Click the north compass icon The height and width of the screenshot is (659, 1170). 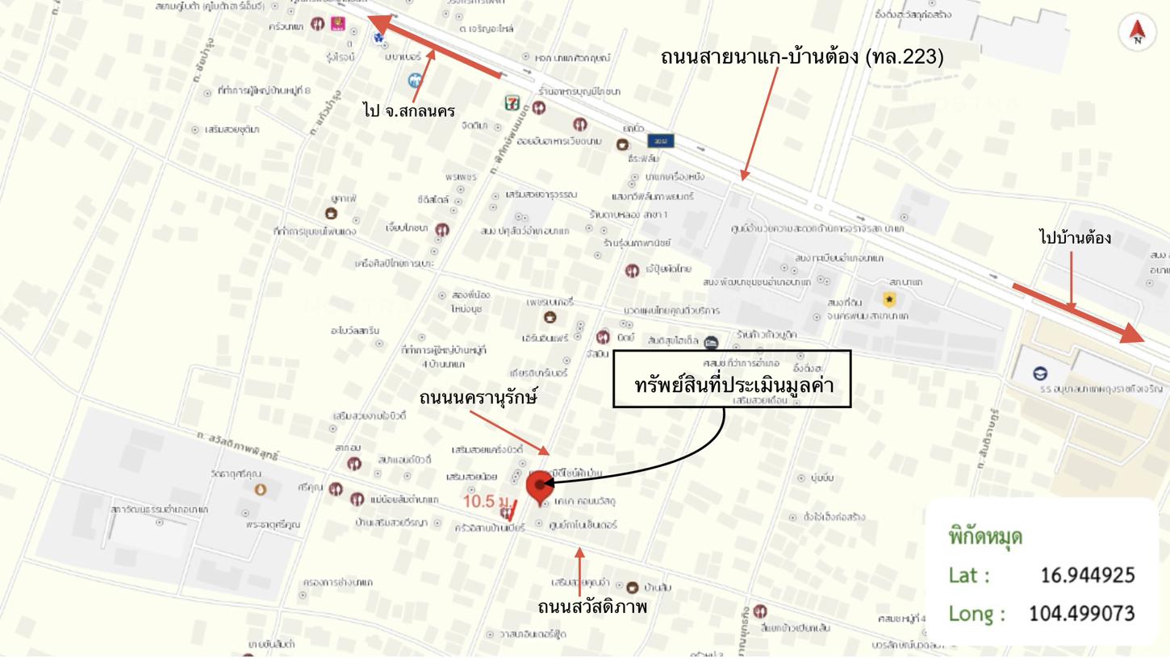1138,32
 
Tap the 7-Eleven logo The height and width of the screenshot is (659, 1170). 512,103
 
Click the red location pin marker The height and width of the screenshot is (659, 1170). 539,486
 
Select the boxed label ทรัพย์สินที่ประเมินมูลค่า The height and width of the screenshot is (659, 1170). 733,384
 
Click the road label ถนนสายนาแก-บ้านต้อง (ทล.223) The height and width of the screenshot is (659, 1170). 801,57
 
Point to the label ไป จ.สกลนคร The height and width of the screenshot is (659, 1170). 409,111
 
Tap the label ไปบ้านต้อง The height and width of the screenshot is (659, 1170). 1076,238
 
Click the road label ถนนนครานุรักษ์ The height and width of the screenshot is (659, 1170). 478,398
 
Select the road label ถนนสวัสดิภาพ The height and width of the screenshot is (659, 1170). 592,607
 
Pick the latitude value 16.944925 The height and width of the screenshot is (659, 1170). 1087,575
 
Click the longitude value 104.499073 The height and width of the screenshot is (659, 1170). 1082,614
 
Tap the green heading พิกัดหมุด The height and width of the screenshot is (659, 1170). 986,536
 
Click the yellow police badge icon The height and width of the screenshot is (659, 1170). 889,299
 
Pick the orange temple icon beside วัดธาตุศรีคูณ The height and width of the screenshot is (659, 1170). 260,490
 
